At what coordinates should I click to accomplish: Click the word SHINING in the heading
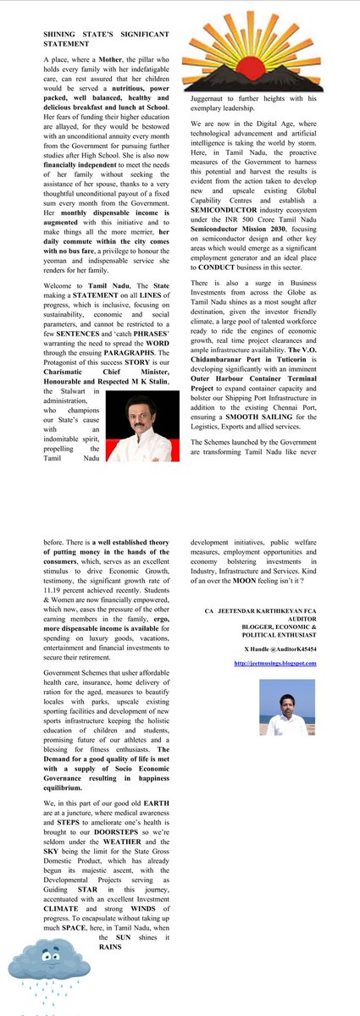click(x=63, y=36)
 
